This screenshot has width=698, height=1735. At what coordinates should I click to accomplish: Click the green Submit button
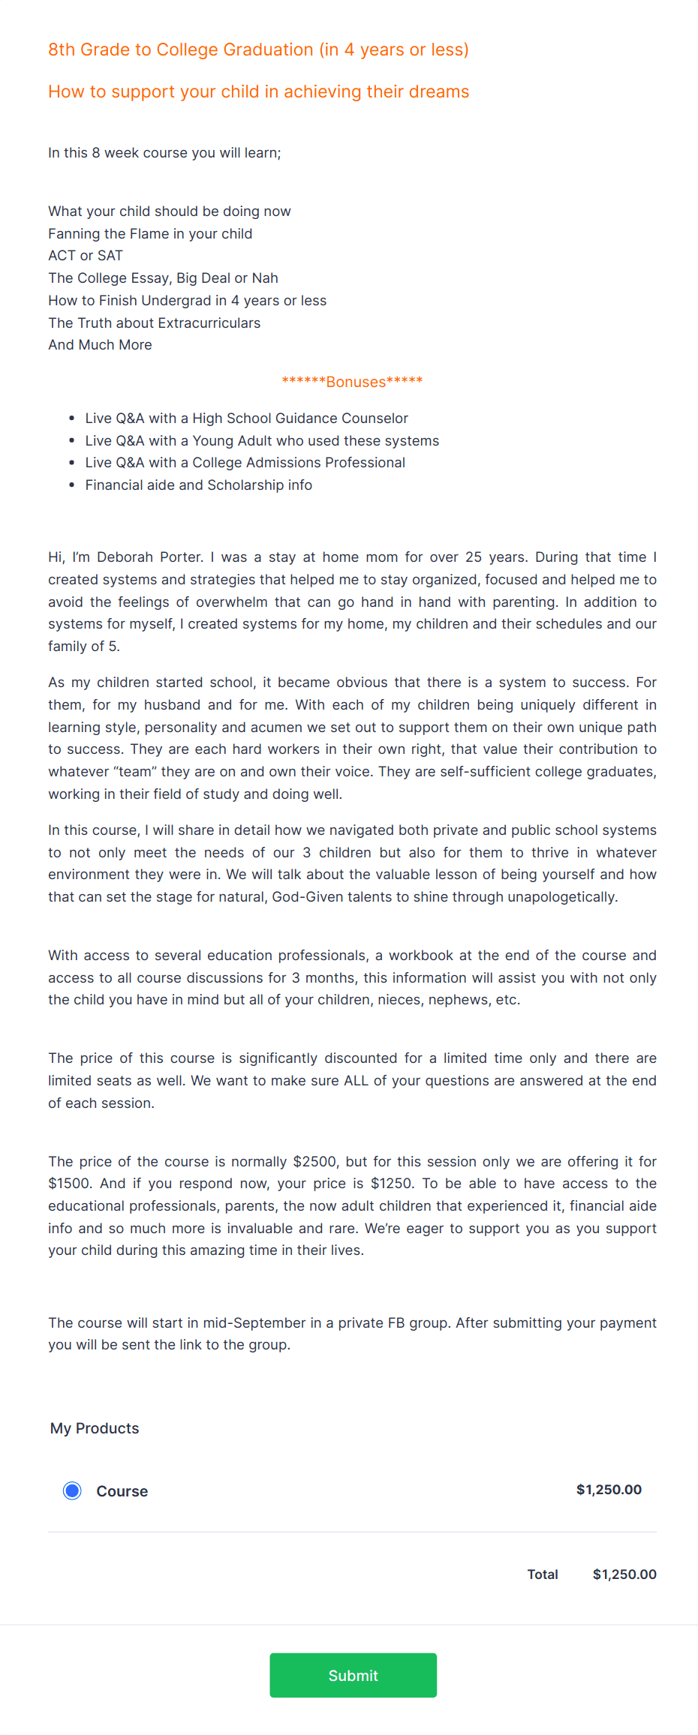[x=353, y=1675]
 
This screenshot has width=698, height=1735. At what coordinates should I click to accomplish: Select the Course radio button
[x=72, y=1490]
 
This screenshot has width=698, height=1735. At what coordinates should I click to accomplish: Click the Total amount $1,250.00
[x=624, y=1574]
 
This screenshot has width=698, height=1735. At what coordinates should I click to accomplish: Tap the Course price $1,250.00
[x=609, y=1490]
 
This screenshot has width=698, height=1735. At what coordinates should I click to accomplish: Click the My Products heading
[x=95, y=1428]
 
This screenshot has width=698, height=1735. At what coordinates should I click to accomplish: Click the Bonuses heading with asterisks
[x=352, y=382]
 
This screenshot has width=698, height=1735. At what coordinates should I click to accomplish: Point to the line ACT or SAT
[x=86, y=256]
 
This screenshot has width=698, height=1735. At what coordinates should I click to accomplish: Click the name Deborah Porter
[x=149, y=557]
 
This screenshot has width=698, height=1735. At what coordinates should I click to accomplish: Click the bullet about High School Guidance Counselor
[x=246, y=419]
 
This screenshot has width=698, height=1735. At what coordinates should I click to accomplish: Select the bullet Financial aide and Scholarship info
[x=198, y=485]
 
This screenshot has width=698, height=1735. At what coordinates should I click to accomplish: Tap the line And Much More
[x=100, y=345]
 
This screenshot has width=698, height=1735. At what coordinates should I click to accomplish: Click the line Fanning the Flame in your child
[x=150, y=234]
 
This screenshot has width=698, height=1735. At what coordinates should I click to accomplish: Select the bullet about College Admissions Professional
[x=245, y=463]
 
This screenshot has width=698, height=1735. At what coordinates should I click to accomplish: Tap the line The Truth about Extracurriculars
[x=154, y=323]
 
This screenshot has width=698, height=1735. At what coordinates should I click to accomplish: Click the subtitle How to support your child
[x=258, y=92]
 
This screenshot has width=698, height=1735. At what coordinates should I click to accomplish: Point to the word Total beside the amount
[x=542, y=1574]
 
